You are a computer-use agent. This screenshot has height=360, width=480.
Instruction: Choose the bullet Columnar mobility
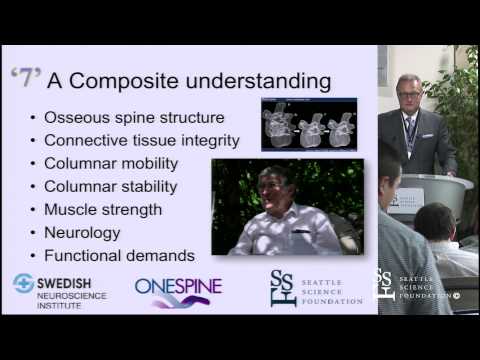[x=111, y=163]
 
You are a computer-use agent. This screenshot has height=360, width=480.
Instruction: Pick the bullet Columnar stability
[x=110, y=186]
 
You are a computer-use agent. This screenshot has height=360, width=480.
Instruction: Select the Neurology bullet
[x=82, y=232]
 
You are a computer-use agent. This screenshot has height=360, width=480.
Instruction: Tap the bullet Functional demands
[x=119, y=254]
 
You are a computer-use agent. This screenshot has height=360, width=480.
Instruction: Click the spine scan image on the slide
[x=308, y=124]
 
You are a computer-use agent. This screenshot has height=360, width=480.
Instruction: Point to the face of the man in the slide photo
[x=276, y=190]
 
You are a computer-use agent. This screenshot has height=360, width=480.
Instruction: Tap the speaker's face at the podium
[x=408, y=93]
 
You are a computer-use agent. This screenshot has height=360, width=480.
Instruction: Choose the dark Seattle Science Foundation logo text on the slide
[x=329, y=287]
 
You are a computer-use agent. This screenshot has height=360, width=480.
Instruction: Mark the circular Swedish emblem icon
[x=24, y=283]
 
